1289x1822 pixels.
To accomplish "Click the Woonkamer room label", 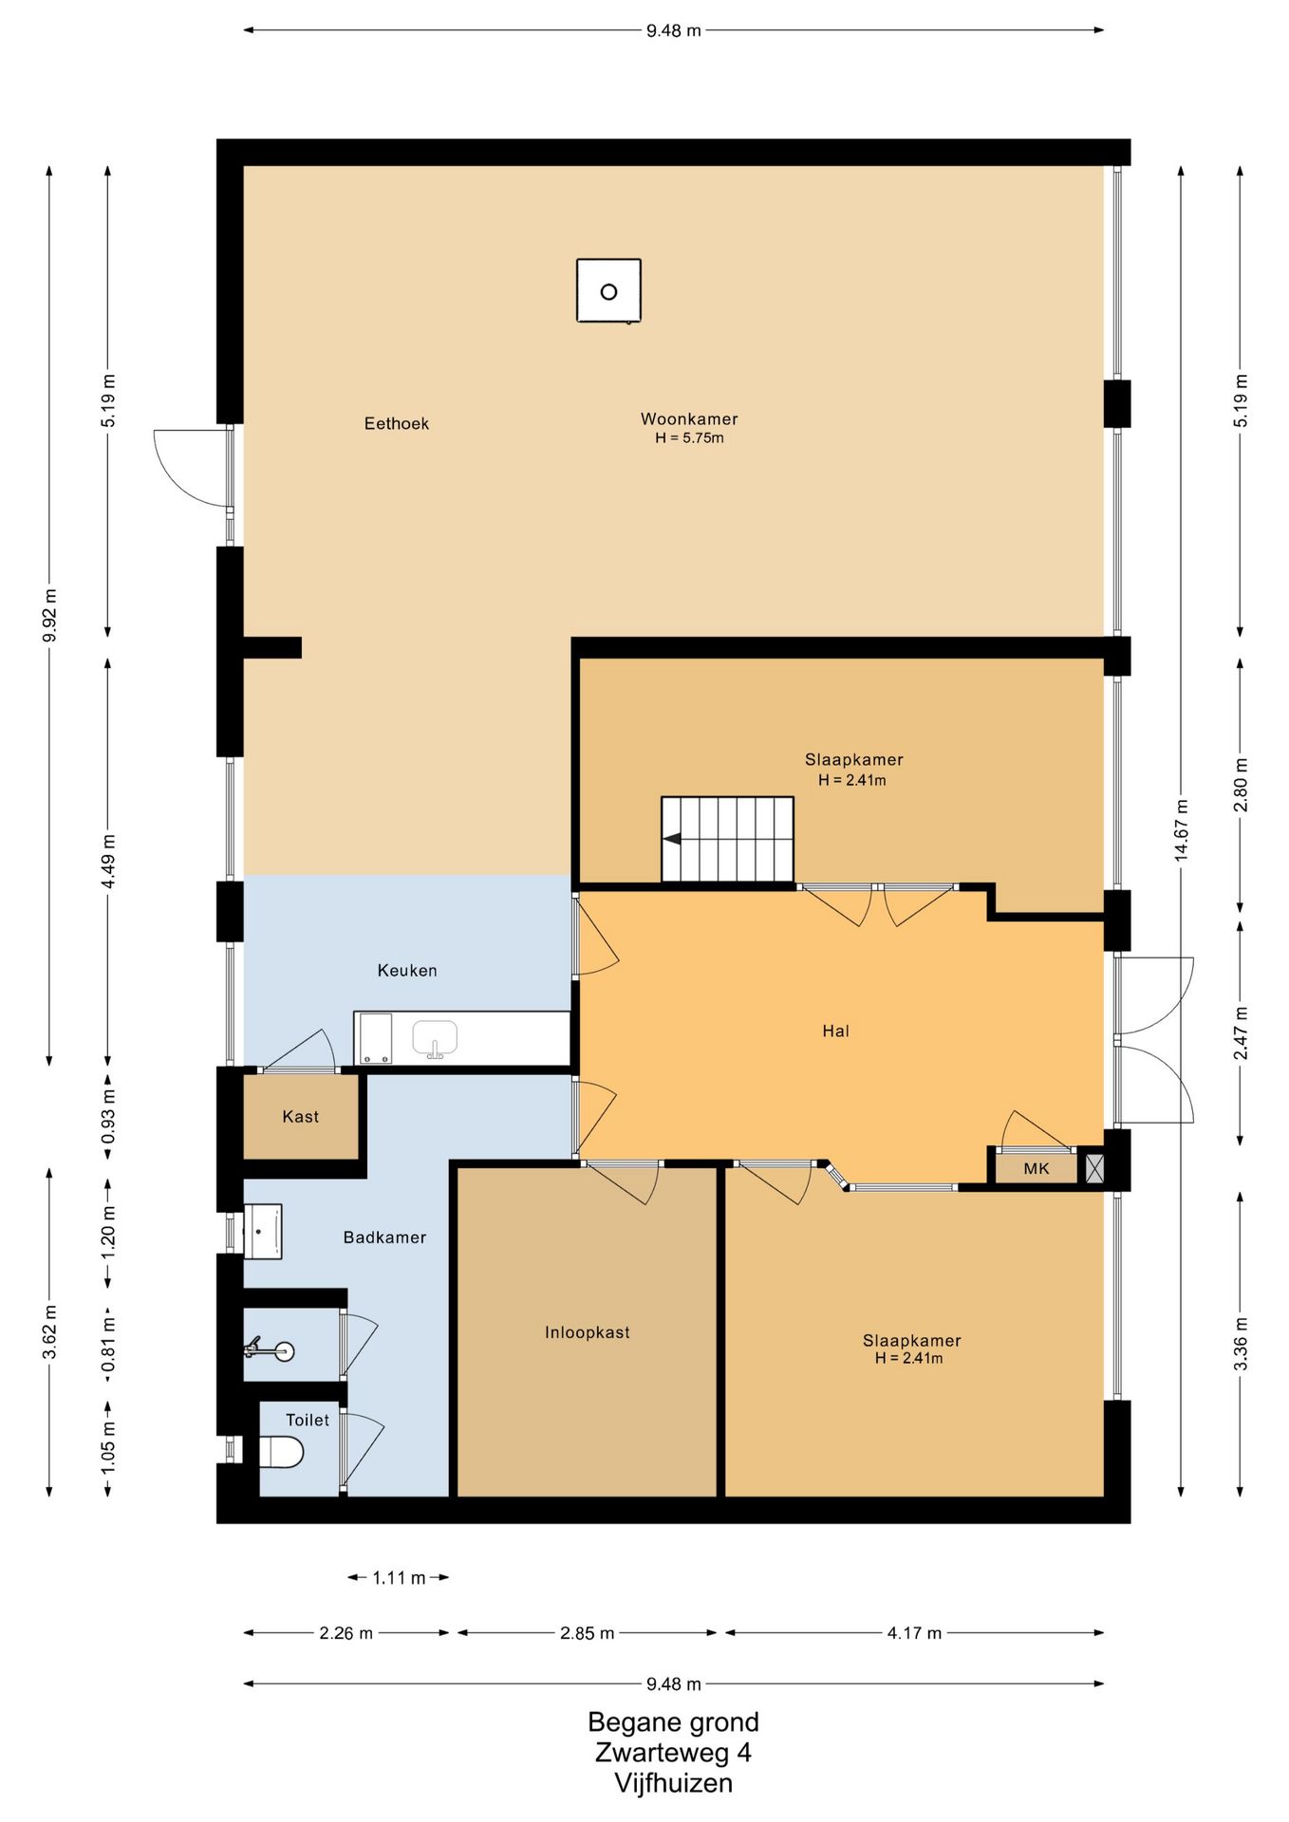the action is pyautogui.click(x=689, y=418).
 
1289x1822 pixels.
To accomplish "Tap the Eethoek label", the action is pyautogui.click(x=397, y=423).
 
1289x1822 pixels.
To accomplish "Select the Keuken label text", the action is pyautogui.click(x=407, y=970).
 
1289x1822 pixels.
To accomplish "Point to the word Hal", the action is pyautogui.click(x=835, y=1031).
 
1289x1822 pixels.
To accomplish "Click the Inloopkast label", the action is pyautogui.click(x=588, y=1332).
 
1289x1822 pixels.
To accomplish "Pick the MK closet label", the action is pyautogui.click(x=1037, y=1168).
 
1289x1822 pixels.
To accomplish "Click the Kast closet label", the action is pyautogui.click(x=301, y=1117).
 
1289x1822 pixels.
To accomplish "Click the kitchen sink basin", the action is pyautogui.click(x=435, y=1038).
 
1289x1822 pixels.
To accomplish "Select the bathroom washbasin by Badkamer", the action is pyautogui.click(x=263, y=1232).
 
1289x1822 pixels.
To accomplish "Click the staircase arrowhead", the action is pyautogui.click(x=672, y=839).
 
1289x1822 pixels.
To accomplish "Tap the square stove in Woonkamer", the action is pyautogui.click(x=608, y=291).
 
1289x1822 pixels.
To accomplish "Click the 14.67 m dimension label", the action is pyautogui.click(x=1182, y=830).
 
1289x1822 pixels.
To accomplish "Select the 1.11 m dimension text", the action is pyautogui.click(x=399, y=1577).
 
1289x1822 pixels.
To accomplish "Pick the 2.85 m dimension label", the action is pyautogui.click(x=587, y=1633).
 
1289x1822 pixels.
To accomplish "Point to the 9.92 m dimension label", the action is pyautogui.click(x=49, y=615).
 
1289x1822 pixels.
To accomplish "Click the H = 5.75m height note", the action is pyautogui.click(x=689, y=438).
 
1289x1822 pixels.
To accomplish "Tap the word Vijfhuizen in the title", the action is pyautogui.click(x=673, y=1783).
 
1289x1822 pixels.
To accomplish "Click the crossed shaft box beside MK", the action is pyautogui.click(x=1094, y=1168).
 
